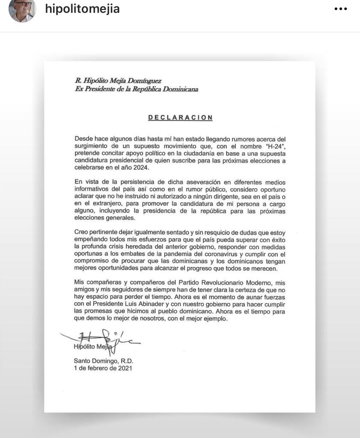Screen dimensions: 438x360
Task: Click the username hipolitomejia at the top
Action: [82, 9]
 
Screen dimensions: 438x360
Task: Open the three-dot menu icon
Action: [340, 9]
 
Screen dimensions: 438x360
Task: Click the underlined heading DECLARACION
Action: [180, 118]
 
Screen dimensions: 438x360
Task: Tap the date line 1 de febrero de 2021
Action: [103, 368]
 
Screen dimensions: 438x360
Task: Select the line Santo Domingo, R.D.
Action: [103, 361]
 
